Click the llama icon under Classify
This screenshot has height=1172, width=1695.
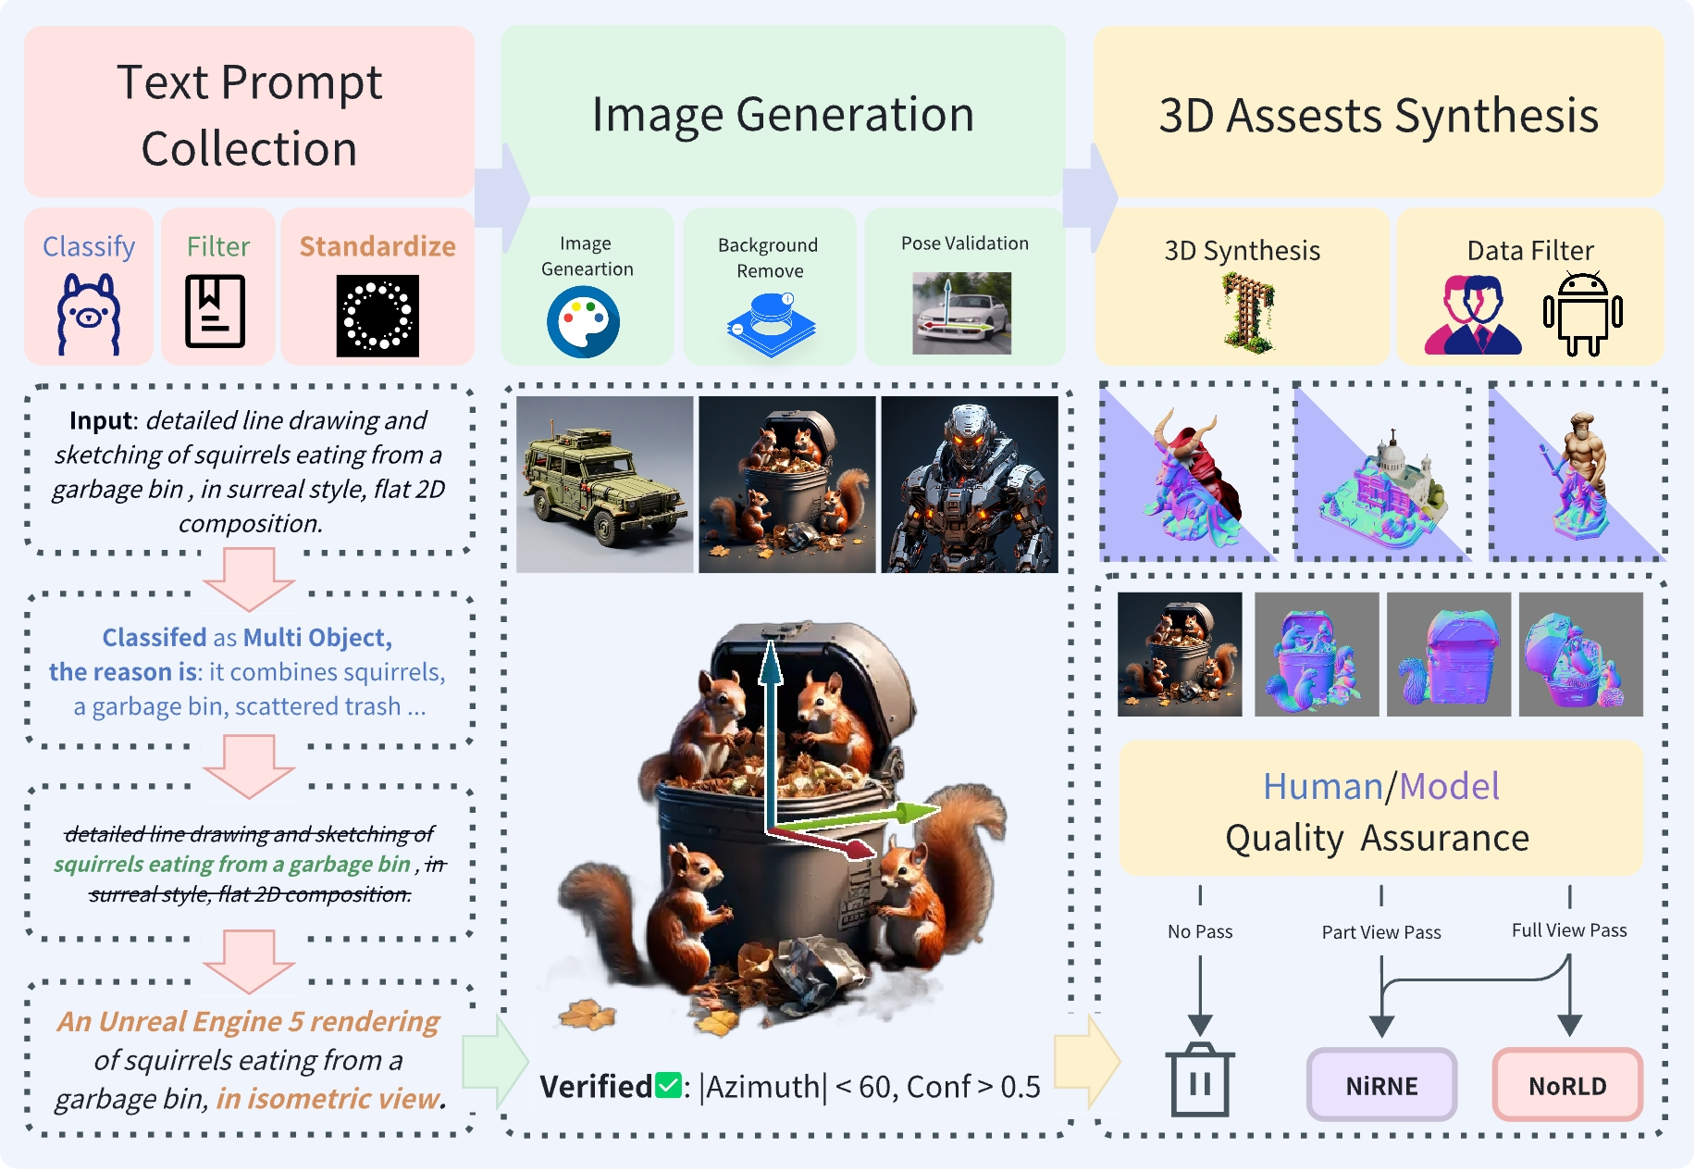pyautogui.click(x=88, y=314)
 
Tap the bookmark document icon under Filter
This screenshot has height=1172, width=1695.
pyautogui.click(x=216, y=311)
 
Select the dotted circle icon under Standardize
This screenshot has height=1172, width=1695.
pyautogui.click(x=377, y=316)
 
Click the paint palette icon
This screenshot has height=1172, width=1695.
pyautogui.click(x=583, y=322)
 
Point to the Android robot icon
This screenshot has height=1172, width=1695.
pyautogui.click(x=1582, y=314)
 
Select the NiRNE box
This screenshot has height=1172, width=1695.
pyautogui.click(x=1381, y=1085)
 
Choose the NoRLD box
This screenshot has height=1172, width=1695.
pyautogui.click(x=1567, y=1085)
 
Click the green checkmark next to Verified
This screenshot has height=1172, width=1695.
pyautogui.click(x=668, y=1085)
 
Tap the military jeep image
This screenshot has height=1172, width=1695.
pyautogui.click(x=604, y=484)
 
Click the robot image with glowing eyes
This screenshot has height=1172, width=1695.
pyautogui.click(x=969, y=484)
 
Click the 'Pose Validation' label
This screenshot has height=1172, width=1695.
pyautogui.click(x=964, y=243)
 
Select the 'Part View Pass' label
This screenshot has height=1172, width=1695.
pyautogui.click(x=1380, y=932)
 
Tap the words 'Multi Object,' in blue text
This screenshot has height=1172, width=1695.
pyautogui.click(x=317, y=638)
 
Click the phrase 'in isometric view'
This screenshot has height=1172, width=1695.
pyautogui.click(x=328, y=1099)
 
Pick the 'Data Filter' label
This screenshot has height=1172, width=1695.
pyautogui.click(x=1530, y=251)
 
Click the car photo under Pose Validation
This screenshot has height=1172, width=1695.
pyautogui.click(x=961, y=313)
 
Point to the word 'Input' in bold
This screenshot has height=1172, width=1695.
pyautogui.click(x=102, y=421)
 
